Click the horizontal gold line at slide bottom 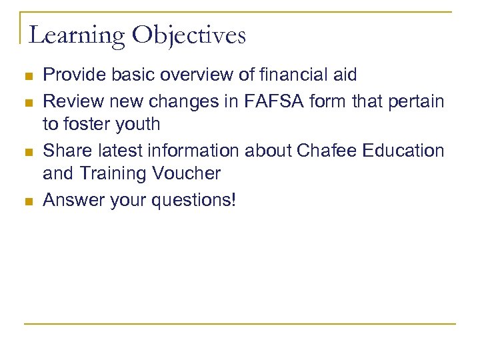240,325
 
